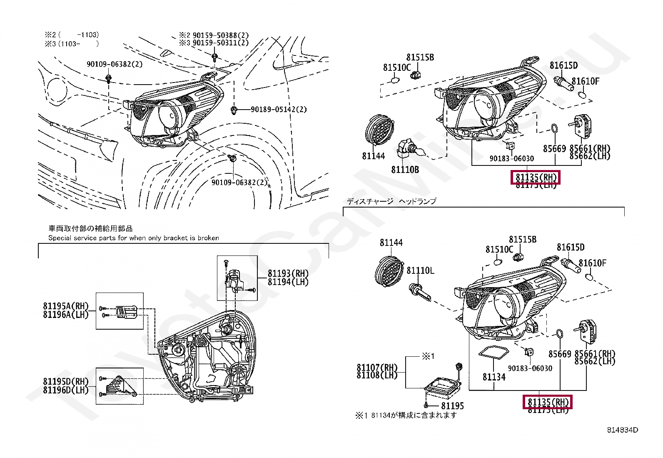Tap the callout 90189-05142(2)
(279, 110)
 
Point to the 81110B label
(405, 170)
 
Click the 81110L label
(420, 271)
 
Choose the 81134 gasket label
(494, 377)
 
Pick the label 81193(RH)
(288, 274)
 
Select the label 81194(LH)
(288, 282)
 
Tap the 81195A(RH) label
(66, 306)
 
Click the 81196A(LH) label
(66, 315)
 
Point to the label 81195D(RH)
(66, 382)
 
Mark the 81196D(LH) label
(66, 390)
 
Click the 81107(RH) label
(377, 368)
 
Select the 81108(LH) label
(377, 375)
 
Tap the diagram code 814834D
(622, 430)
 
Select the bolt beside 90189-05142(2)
(234, 110)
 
